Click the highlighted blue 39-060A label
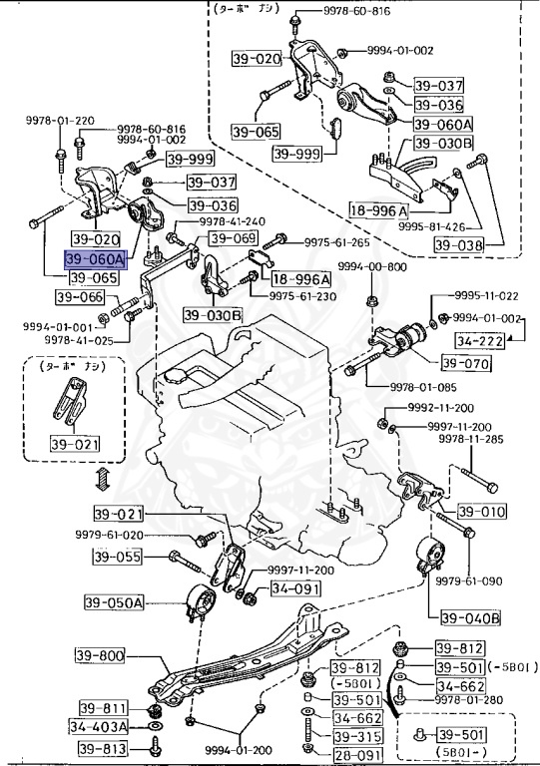click(x=96, y=259)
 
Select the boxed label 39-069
click(x=232, y=239)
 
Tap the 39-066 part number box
click(x=79, y=297)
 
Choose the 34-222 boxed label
click(x=477, y=340)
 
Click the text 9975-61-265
click(x=336, y=242)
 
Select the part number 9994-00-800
click(x=371, y=266)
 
